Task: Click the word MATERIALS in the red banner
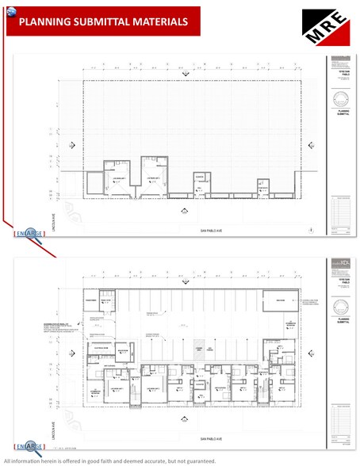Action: (x=159, y=22)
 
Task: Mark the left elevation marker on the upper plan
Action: (x=73, y=144)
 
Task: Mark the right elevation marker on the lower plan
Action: (x=307, y=350)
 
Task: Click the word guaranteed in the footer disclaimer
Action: (x=194, y=460)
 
